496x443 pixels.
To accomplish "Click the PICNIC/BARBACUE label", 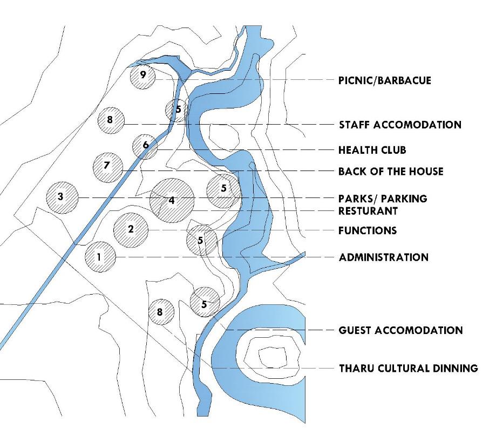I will click(x=385, y=80).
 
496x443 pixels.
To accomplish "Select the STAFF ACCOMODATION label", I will click(x=400, y=125).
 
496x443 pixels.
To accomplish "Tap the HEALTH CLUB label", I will click(x=372, y=149).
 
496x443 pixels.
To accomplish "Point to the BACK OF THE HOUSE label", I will click(x=391, y=172).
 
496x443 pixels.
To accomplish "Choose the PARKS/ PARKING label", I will click(x=383, y=199).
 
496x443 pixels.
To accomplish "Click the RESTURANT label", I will click(x=368, y=210).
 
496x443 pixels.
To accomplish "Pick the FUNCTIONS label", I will click(x=368, y=230).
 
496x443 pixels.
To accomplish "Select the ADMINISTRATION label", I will click(x=384, y=257).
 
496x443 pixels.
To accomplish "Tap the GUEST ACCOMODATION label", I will click(x=400, y=330).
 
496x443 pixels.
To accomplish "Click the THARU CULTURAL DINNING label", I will click(x=408, y=369).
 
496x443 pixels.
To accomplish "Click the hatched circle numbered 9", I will click(x=142, y=76).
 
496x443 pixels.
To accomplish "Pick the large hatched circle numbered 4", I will click(x=172, y=200).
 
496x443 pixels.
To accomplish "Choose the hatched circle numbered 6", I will click(x=145, y=146).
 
